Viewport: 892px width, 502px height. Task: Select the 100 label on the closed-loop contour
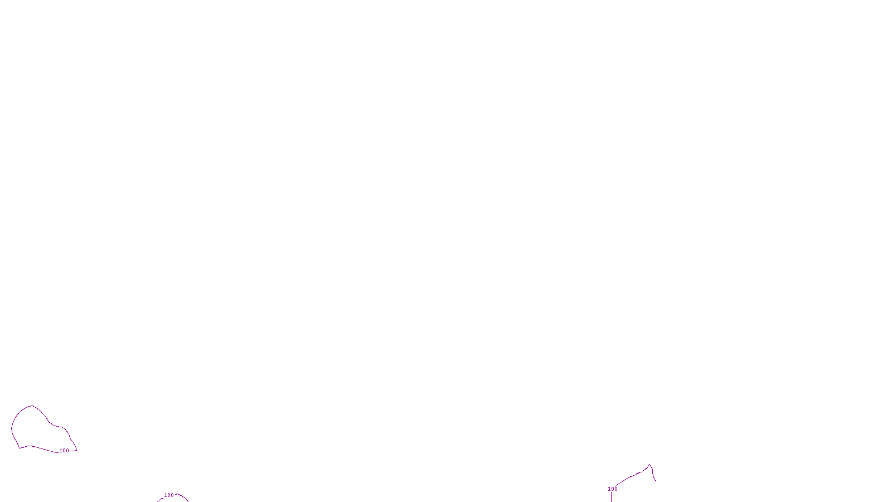pyautogui.click(x=64, y=451)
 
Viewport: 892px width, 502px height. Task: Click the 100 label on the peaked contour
pyautogui.click(x=613, y=489)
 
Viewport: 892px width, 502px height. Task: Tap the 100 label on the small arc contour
pyautogui.click(x=169, y=495)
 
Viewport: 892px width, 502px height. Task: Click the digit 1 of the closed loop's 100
pyautogui.click(x=61, y=451)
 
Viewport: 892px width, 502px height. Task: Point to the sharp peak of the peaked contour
pyautogui.click(x=649, y=465)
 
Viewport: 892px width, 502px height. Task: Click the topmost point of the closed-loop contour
pyautogui.click(x=32, y=406)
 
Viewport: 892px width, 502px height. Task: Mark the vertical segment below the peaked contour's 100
pyautogui.click(x=612, y=497)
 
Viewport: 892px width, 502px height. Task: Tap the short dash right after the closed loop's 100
pyautogui.click(x=73, y=450)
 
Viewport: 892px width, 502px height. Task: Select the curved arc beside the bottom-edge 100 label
pyautogui.click(x=182, y=496)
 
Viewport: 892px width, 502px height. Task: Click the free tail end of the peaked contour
pyautogui.click(x=656, y=480)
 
